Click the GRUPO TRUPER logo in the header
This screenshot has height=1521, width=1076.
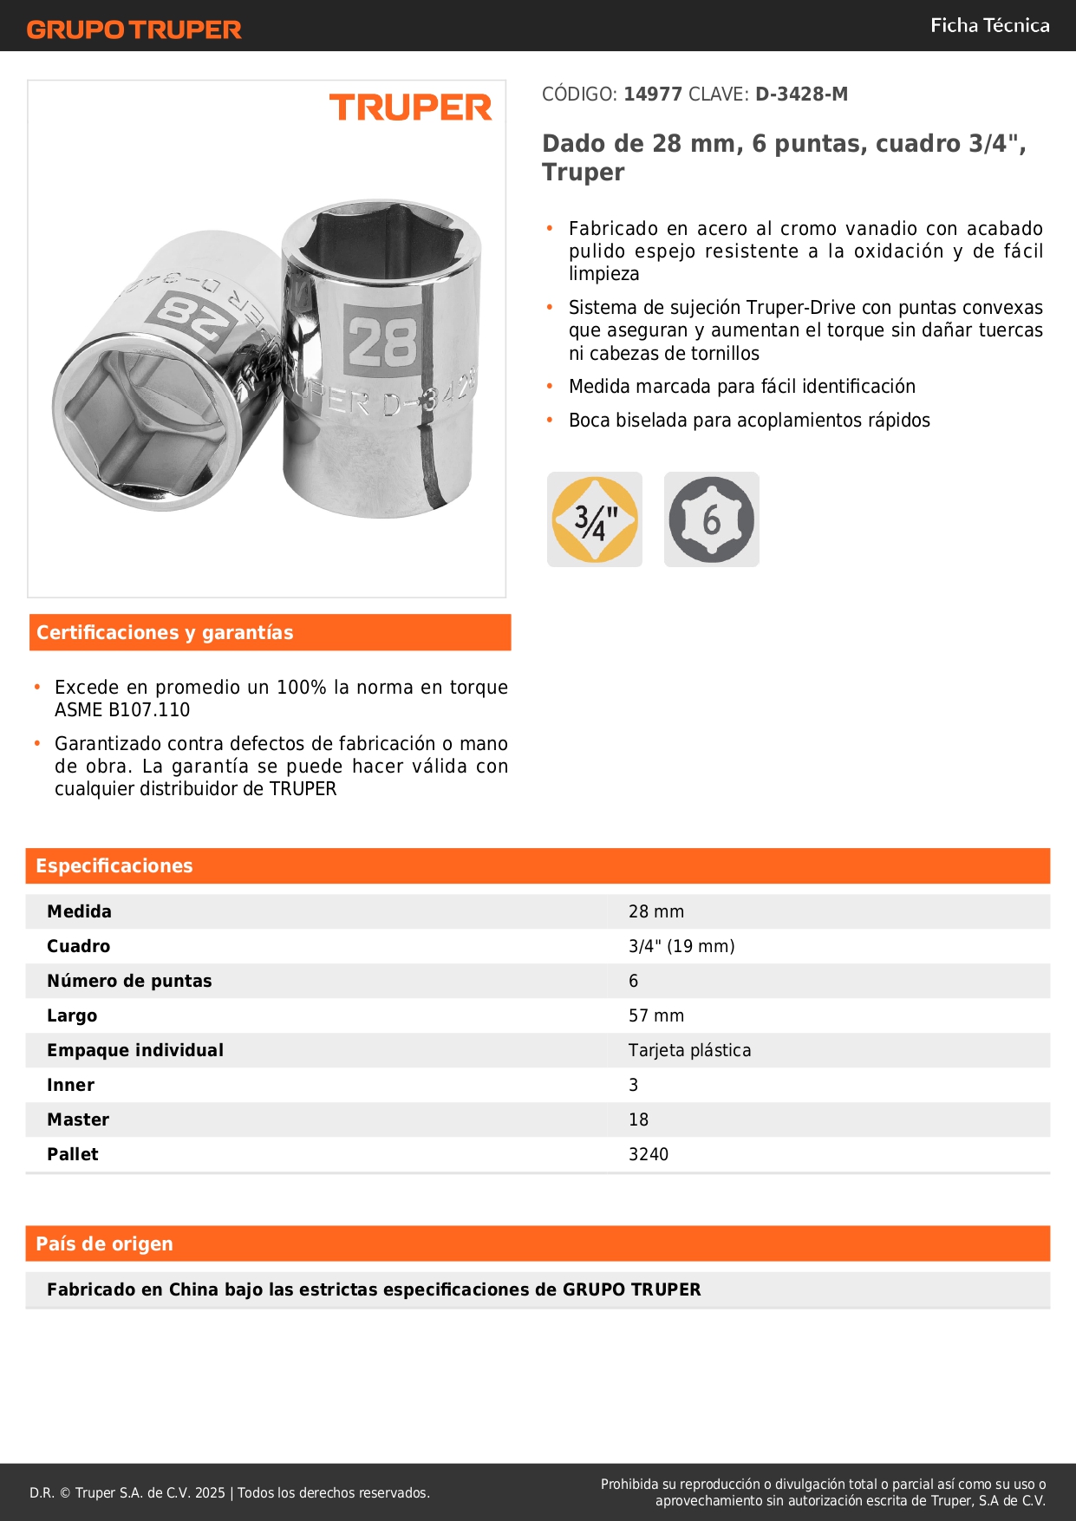coord(134,29)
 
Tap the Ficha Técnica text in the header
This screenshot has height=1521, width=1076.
coord(989,25)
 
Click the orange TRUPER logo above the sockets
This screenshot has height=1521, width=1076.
coord(410,108)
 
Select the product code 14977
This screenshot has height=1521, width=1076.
coord(653,94)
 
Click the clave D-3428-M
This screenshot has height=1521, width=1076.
coord(801,94)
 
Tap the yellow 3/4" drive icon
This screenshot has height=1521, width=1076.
coord(595,519)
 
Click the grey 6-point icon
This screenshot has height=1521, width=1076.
coord(711,519)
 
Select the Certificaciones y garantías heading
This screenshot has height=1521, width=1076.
coord(165,632)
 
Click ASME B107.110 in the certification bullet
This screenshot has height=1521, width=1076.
coord(122,709)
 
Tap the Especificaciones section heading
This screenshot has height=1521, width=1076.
coord(114,865)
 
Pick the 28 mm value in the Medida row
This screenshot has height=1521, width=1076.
coord(656,911)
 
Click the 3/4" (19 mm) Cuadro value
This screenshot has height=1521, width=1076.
coord(681,946)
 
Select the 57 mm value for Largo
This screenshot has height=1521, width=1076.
coord(656,1015)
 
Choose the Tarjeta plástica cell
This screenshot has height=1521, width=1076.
coord(689,1050)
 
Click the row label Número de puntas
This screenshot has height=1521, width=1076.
coord(129,981)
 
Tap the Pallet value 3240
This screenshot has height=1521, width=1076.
coord(649,1154)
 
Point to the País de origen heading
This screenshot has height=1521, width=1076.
coord(104,1244)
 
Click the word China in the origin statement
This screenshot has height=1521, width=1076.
coord(193,1289)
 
